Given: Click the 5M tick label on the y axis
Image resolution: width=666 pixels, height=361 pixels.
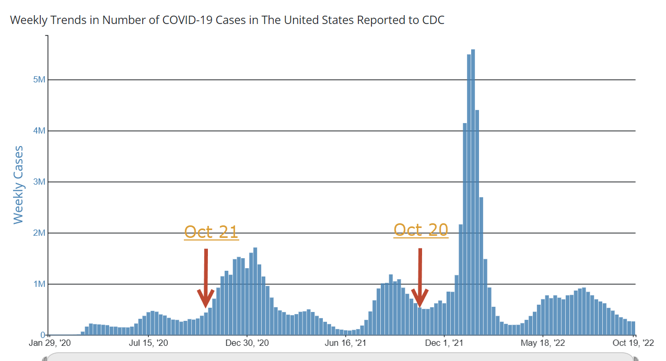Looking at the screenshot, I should (x=39, y=80).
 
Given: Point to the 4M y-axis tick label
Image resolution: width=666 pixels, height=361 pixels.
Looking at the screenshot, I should (x=39, y=131).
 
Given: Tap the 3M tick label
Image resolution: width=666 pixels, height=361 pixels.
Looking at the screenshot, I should (x=39, y=182).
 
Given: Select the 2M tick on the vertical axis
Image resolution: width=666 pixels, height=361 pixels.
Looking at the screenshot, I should (x=39, y=233).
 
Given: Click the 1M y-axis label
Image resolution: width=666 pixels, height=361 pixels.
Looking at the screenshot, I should (x=39, y=284).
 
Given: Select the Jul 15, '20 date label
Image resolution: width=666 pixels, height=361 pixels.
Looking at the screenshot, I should (x=148, y=343).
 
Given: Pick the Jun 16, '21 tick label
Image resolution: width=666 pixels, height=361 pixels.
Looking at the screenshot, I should (x=345, y=343).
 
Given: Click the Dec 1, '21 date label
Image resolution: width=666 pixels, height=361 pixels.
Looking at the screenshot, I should (x=444, y=343).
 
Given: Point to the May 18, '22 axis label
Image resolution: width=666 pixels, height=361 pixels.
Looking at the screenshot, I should (x=543, y=343).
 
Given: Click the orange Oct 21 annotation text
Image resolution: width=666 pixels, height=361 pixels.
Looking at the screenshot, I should (x=211, y=232).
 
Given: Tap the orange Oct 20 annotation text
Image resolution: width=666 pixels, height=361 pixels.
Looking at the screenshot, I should (x=420, y=230).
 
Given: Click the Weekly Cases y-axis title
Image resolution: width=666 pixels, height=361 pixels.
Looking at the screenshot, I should (x=19, y=185).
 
